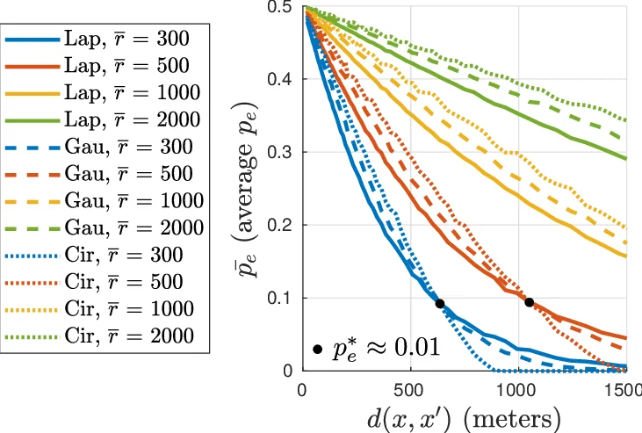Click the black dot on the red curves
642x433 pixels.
(529, 302)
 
